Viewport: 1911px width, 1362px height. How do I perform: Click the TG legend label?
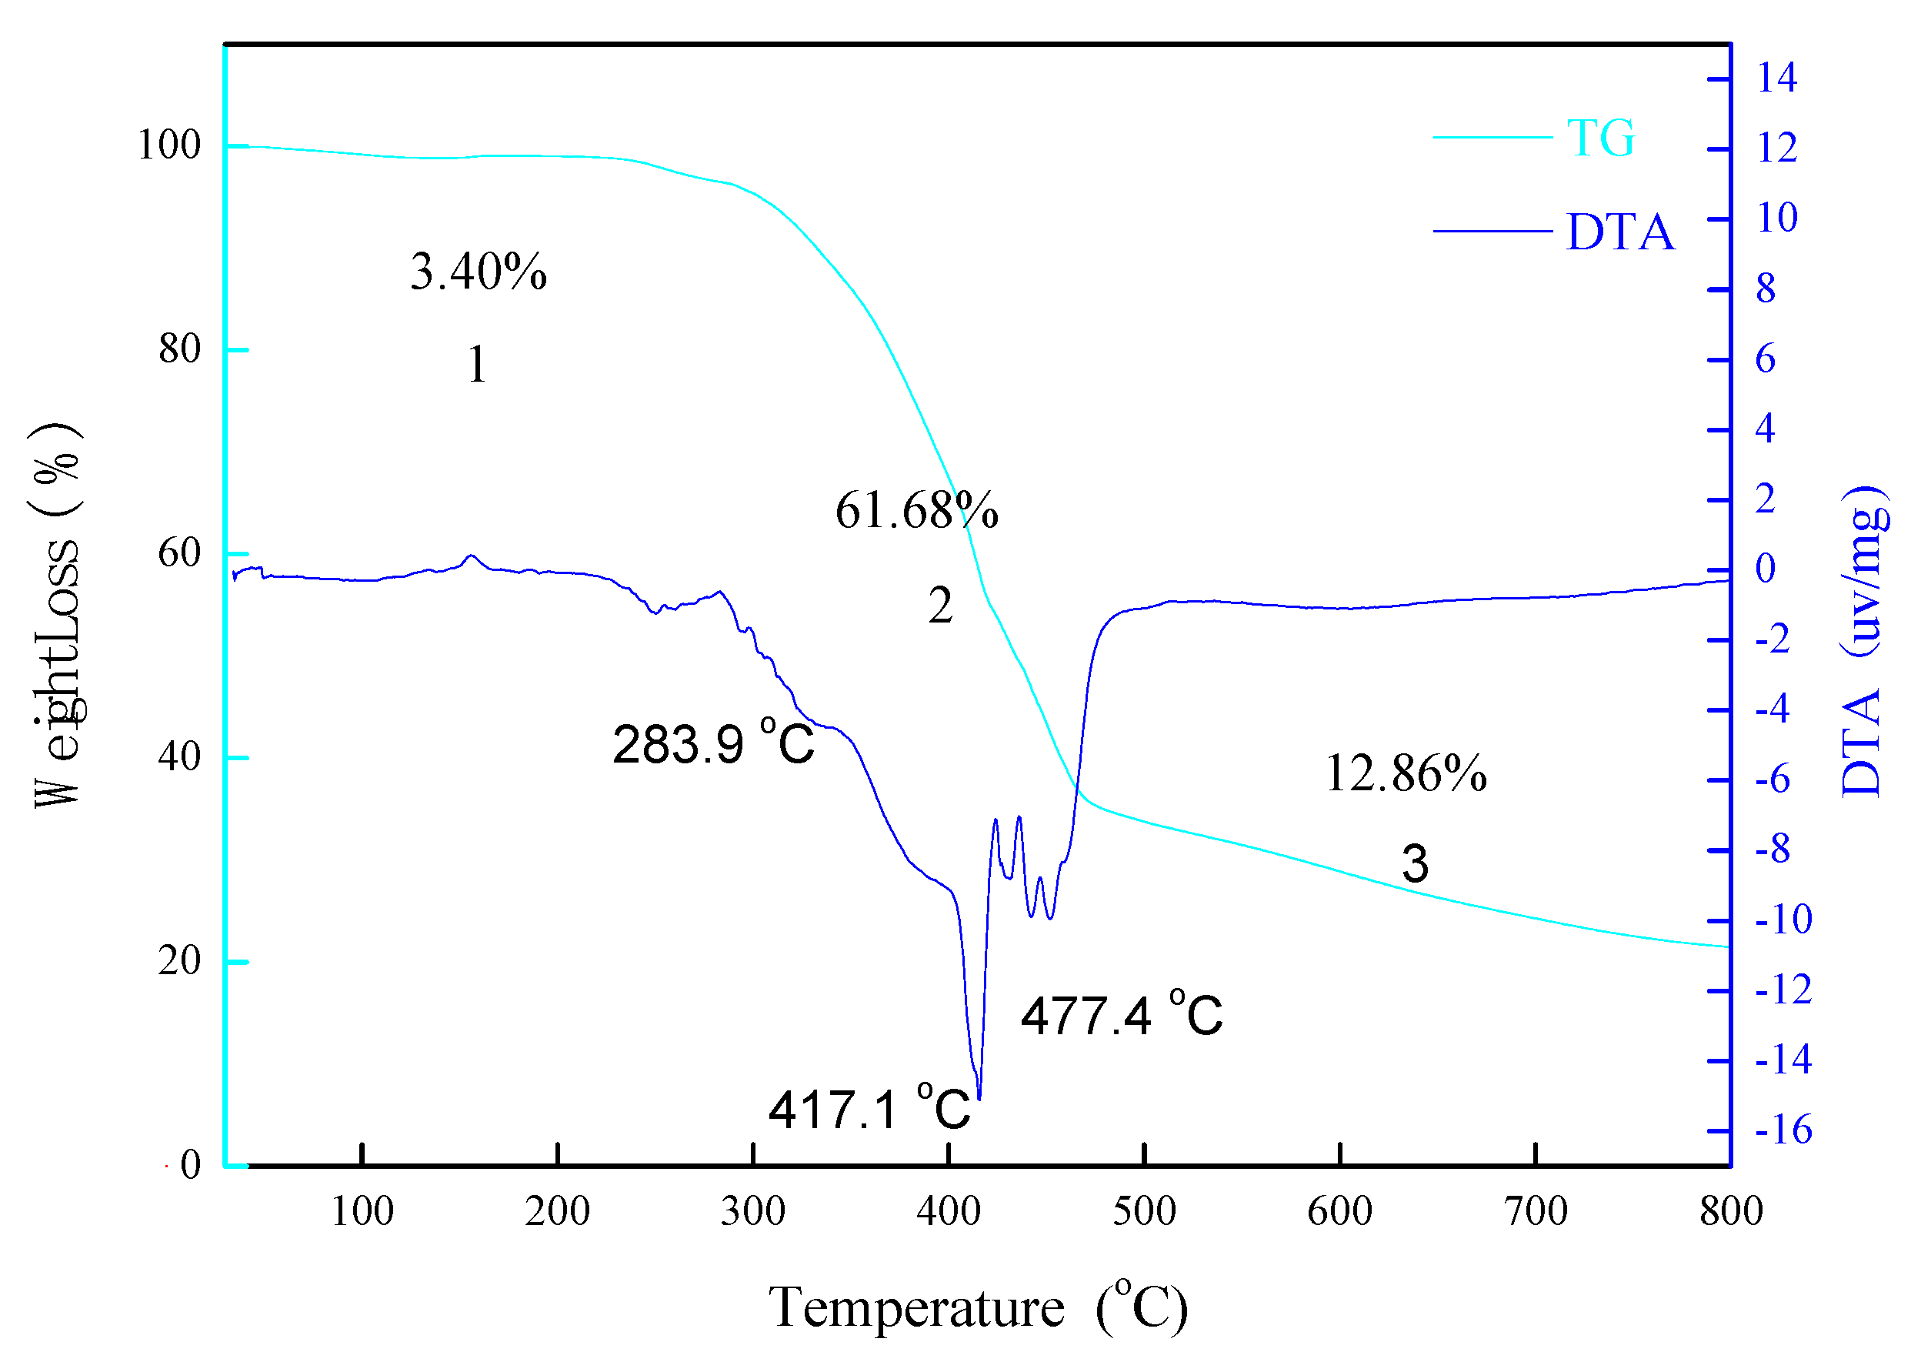tap(1599, 138)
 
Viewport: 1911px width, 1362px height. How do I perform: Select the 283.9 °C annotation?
tap(712, 743)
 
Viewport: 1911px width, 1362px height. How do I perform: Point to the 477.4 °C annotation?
tap(1120, 1016)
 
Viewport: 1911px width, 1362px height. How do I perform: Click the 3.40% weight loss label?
tap(478, 272)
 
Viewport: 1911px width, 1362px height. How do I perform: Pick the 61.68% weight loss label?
tap(915, 510)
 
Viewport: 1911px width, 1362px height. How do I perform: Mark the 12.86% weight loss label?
tap(1406, 773)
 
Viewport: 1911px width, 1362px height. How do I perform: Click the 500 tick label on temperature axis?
tap(1144, 1212)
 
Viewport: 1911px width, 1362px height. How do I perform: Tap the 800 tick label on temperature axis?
tap(1731, 1212)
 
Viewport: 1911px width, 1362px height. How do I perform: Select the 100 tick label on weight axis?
tap(168, 145)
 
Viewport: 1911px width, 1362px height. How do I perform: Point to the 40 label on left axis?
tap(179, 756)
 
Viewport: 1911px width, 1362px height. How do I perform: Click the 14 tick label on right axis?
tap(1776, 78)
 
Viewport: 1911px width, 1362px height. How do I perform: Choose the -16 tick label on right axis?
tap(1783, 1130)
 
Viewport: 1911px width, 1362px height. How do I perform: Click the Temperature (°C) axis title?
tap(978, 1307)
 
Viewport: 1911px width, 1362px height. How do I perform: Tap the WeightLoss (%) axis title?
tap(57, 615)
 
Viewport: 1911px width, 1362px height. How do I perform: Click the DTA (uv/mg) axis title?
tap(1863, 642)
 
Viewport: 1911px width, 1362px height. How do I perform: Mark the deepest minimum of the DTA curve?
tap(979, 1098)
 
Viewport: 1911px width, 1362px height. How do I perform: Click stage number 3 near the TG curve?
tap(1415, 863)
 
